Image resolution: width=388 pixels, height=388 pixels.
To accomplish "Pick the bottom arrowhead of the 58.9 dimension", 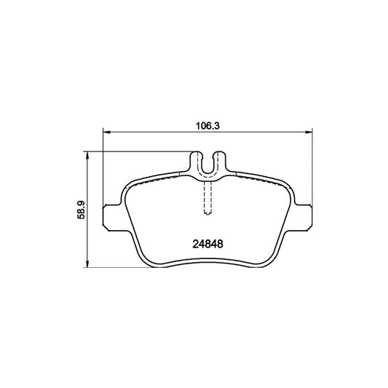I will click(87, 266).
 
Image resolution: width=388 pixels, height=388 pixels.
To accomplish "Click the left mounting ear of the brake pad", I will click(110, 215).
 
